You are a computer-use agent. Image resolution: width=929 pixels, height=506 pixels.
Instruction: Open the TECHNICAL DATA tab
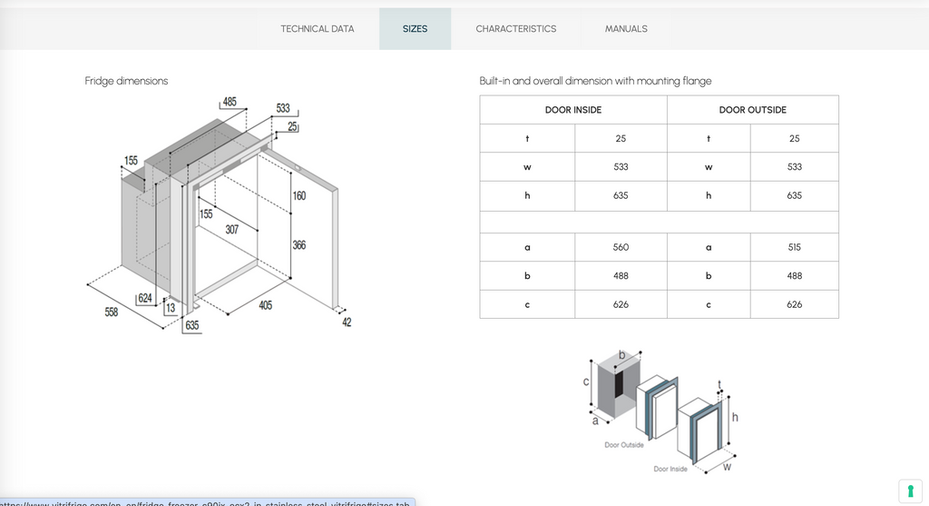[318, 29]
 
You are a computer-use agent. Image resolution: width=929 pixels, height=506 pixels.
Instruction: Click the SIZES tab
[415, 29]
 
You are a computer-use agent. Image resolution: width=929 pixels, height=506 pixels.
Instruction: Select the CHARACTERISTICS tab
[516, 29]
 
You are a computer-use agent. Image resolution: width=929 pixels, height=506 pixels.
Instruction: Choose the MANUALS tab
[626, 29]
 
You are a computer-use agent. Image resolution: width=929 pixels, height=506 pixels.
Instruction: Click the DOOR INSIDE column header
[573, 110]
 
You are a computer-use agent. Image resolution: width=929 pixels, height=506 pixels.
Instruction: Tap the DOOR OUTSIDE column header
[753, 110]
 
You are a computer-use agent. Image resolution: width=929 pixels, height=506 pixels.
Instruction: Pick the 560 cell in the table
[621, 247]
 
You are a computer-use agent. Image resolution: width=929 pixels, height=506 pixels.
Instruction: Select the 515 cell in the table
[795, 247]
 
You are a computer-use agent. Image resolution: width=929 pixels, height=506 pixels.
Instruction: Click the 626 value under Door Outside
[795, 304]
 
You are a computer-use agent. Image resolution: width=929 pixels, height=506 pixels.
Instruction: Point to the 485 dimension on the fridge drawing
[230, 102]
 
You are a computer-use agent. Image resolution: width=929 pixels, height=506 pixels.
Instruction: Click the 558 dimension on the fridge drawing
[112, 313]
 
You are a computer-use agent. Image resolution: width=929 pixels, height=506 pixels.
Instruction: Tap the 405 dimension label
[265, 306]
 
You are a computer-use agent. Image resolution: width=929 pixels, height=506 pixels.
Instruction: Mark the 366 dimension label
[299, 245]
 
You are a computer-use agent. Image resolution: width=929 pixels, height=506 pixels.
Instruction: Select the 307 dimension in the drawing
[232, 230]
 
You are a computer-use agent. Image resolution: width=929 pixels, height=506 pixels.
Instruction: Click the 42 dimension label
[347, 322]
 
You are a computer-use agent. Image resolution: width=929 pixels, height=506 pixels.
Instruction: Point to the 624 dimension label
[145, 299]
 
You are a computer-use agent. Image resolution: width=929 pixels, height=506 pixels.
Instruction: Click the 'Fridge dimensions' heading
[126, 81]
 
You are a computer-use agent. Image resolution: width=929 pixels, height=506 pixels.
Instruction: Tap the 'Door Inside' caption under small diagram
[670, 469]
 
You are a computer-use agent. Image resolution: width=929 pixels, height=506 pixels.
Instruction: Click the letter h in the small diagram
[735, 417]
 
